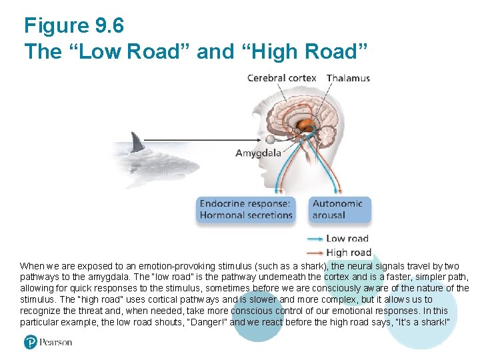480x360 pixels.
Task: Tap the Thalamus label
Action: pos(348,78)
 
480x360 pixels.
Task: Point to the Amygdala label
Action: pos(258,153)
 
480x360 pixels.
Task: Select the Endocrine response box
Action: pos(246,209)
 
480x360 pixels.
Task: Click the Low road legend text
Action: pos(347,239)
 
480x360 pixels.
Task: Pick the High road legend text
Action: pos(348,252)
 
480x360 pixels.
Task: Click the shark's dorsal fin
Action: pos(138,141)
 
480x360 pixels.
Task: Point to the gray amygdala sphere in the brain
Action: pos(271,139)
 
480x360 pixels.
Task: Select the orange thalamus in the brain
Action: pos(305,125)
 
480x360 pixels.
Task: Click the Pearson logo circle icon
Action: pos(30,342)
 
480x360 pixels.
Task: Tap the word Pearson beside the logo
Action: pos(55,342)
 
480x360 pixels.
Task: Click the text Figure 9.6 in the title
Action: pos(73,26)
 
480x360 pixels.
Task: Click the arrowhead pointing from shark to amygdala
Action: pos(261,139)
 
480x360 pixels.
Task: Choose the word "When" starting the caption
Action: pos(31,265)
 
